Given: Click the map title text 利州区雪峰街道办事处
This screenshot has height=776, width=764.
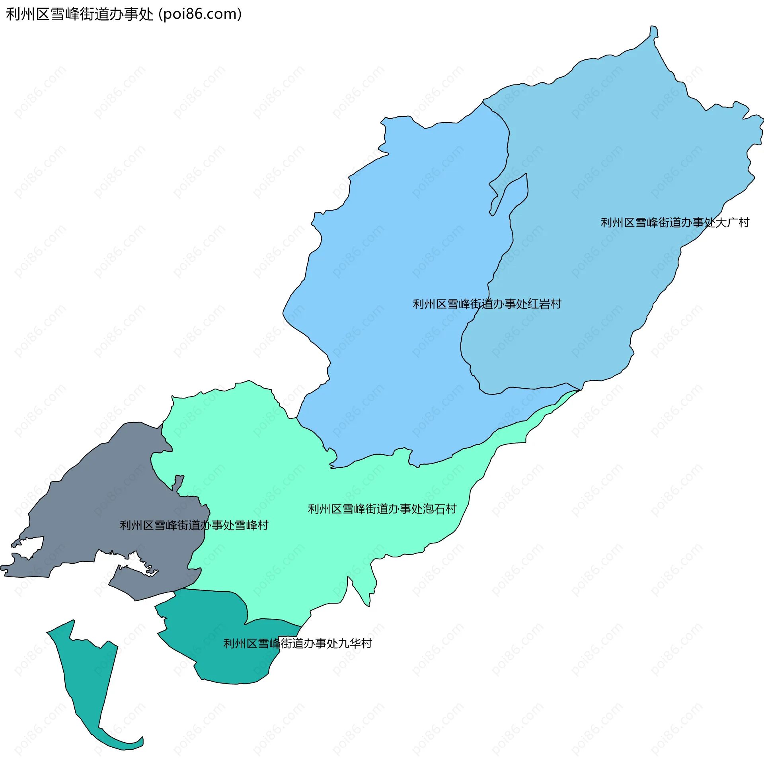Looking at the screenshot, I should tap(80, 14).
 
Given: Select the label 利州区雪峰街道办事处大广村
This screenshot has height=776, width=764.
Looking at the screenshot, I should tap(674, 223).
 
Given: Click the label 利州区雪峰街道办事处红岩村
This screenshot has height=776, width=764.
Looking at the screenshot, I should tap(487, 304).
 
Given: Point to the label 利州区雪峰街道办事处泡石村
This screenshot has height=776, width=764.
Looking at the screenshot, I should tap(382, 509).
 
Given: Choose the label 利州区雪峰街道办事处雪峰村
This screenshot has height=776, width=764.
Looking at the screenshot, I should tap(194, 525).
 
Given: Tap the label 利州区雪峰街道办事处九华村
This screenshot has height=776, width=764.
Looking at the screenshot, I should tap(297, 643).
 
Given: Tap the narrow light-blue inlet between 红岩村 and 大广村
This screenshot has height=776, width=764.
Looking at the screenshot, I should tap(511, 195).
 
